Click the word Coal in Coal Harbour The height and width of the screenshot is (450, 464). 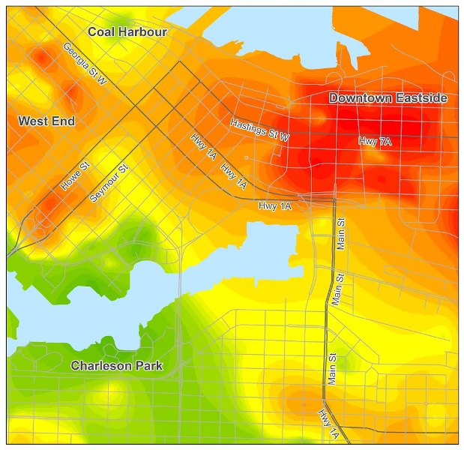tap(101, 31)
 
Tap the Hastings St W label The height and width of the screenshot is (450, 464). tap(259, 130)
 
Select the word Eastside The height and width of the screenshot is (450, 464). tap(422, 98)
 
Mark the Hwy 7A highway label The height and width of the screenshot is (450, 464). tap(375, 141)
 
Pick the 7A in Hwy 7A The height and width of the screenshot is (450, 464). tap(385, 141)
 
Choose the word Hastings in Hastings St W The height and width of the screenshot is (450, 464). tap(249, 127)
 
